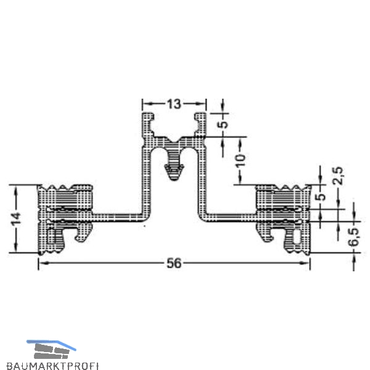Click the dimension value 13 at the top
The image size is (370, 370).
pyautogui.click(x=175, y=104)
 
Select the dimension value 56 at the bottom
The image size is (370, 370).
pyautogui.click(x=175, y=263)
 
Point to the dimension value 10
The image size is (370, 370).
pyautogui.click(x=241, y=161)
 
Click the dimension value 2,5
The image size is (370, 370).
pyautogui.click(x=339, y=175)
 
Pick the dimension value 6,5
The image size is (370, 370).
pyautogui.click(x=354, y=237)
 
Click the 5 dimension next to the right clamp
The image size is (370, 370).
pyautogui.click(x=322, y=197)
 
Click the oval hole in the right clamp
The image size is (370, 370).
pyautogui.click(x=298, y=236)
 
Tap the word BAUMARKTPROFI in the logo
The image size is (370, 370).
pyautogui.click(x=52, y=366)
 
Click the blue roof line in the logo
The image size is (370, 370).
pyautogui.click(x=51, y=345)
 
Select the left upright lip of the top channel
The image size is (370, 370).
pyautogui.click(x=148, y=125)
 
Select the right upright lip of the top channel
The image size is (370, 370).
pyautogui.click(x=200, y=125)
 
